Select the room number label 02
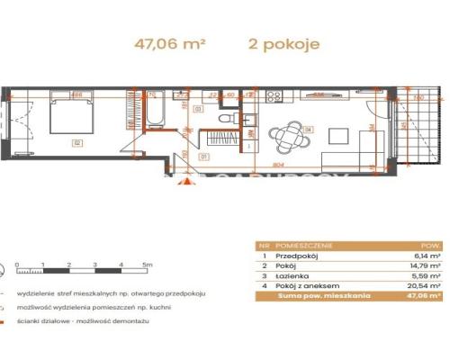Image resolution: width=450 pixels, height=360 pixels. pyautogui.click(x=78, y=142)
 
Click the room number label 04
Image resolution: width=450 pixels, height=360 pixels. pyautogui.click(x=308, y=130)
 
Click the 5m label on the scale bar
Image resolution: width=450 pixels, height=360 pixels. pyautogui.click(x=146, y=266)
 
